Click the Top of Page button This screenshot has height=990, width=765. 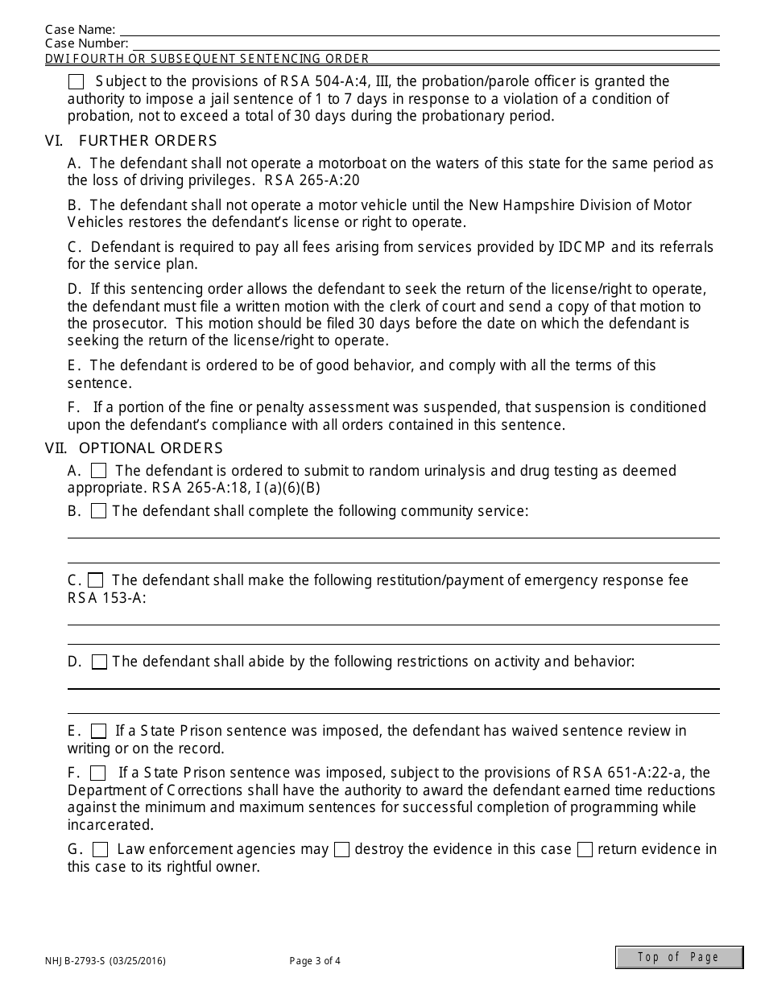pos(679,957)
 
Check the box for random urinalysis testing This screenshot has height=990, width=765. pos(98,470)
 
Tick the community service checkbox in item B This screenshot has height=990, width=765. pos(98,511)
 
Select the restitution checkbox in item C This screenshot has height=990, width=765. pos(96,580)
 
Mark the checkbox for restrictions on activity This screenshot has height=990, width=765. pos(99,662)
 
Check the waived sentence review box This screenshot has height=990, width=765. pos(98,732)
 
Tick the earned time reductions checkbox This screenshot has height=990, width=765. pos(98,773)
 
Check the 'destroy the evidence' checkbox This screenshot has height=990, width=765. pos(341,850)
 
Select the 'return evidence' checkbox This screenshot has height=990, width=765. pos(585,850)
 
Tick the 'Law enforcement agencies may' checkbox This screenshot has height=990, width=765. pos(101,850)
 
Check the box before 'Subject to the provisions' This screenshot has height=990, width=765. pos(76,81)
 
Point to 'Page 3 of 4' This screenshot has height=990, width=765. pos(315,960)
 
